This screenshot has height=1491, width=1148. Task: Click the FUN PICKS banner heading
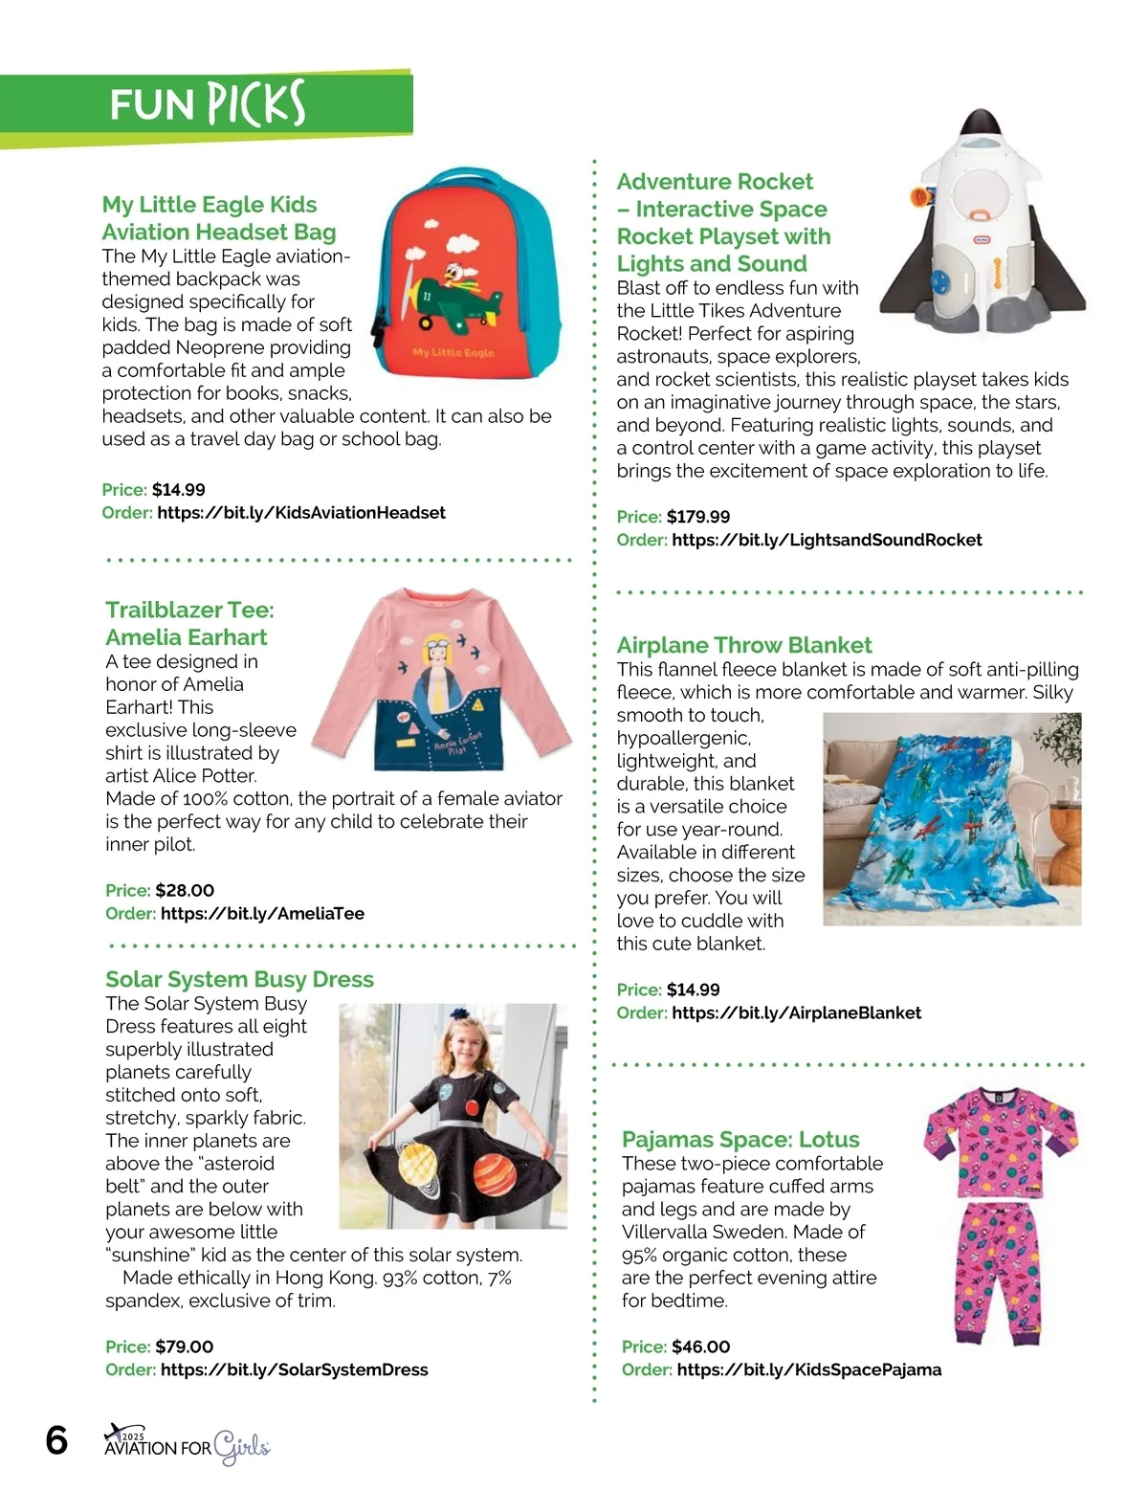207,104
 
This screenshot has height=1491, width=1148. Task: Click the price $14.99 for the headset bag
178,490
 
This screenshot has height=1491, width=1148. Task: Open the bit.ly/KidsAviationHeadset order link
301,513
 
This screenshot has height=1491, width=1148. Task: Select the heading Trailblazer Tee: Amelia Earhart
188,624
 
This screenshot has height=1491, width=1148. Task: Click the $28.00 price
185,891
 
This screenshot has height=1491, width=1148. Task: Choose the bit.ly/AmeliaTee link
262,914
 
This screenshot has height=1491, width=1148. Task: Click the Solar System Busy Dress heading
239,980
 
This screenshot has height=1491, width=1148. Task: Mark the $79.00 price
185,1347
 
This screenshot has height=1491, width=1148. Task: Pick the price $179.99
698,517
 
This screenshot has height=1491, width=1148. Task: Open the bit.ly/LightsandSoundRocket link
827,541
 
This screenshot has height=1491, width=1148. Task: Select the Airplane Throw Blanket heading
744,646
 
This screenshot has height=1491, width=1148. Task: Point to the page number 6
57,1440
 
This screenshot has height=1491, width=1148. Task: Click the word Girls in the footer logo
241,1447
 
